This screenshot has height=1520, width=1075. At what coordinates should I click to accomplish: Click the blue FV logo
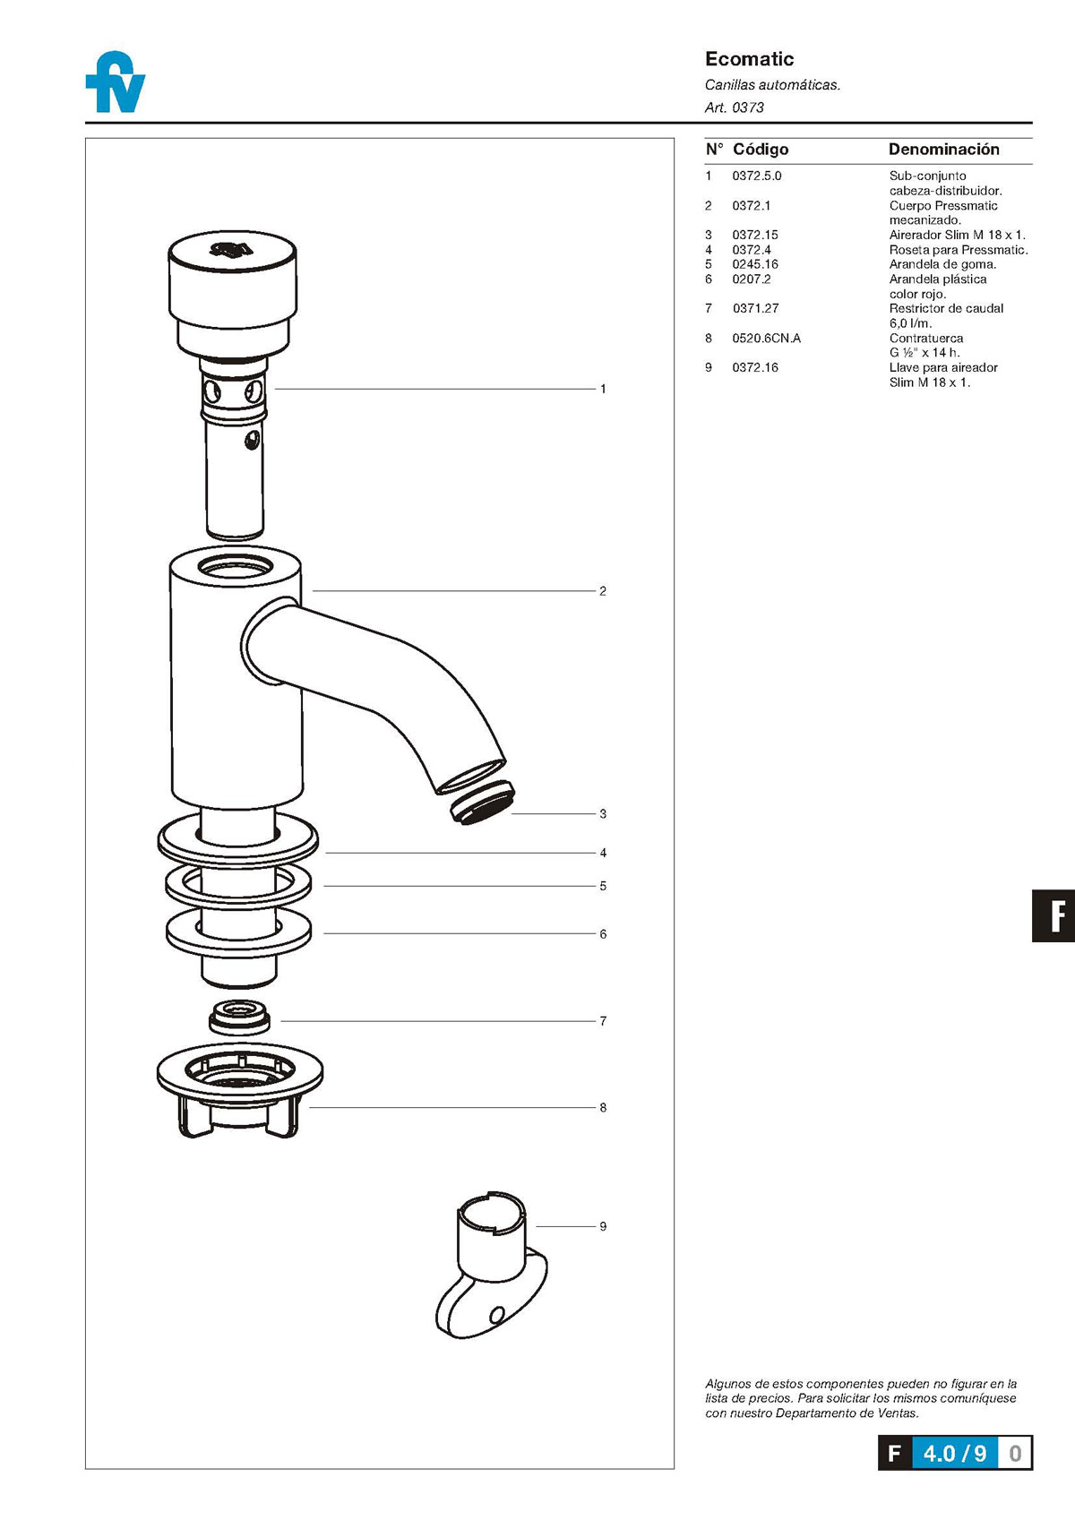click(116, 82)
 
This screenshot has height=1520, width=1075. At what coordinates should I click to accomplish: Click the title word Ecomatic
click(749, 59)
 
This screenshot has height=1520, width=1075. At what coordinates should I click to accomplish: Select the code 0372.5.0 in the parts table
click(756, 176)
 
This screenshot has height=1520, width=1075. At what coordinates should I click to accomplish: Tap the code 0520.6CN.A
click(766, 339)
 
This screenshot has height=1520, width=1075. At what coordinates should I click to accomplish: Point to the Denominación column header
click(943, 150)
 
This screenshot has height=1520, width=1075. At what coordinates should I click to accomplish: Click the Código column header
click(761, 150)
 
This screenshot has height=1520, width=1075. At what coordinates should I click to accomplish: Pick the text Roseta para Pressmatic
click(958, 250)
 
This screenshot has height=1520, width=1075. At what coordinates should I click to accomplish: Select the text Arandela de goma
click(942, 264)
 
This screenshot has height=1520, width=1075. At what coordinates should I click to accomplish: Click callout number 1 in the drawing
click(603, 389)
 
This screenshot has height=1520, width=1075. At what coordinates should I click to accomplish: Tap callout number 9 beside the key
click(603, 1226)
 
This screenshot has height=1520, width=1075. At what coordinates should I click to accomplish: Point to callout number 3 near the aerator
click(603, 814)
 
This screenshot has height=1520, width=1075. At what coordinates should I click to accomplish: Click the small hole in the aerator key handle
click(497, 1315)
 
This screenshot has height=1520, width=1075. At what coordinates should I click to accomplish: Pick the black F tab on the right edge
click(1054, 915)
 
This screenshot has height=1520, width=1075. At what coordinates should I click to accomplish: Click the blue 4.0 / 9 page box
click(954, 1453)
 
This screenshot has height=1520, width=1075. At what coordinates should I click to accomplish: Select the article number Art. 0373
click(734, 107)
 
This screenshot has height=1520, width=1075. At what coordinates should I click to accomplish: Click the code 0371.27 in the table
click(755, 309)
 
